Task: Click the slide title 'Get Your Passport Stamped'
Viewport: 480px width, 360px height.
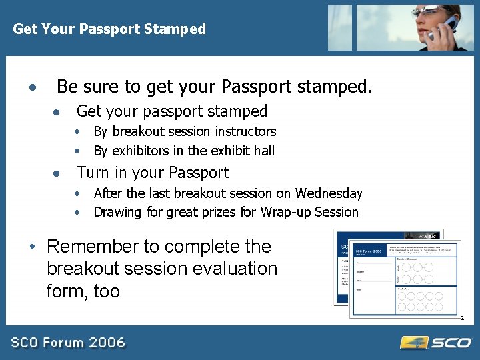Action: (x=109, y=29)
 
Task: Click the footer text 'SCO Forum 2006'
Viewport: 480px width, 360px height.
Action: (x=68, y=343)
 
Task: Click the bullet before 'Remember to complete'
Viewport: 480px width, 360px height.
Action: (x=32, y=247)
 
